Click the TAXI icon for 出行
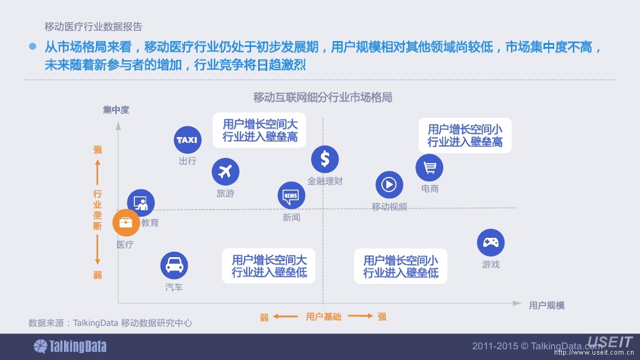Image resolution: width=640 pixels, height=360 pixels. pyautogui.click(x=187, y=140)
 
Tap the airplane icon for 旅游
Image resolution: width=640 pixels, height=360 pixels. pyautogui.click(x=225, y=172)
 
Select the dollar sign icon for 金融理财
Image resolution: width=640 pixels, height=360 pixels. pyautogui.click(x=325, y=159)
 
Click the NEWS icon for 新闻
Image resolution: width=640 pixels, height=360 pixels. pyautogui.click(x=291, y=196)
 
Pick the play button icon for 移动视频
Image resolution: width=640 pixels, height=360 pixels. pyautogui.click(x=389, y=185)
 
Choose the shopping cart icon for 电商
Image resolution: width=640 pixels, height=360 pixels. pyautogui.click(x=429, y=167)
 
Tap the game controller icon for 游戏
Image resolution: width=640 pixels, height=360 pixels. pyautogui.click(x=490, y=243)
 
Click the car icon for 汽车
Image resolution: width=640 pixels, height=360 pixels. pyautogui.click(x=174, y=265)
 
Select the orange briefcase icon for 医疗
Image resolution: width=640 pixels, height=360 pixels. pyautogui.click(x=126, y=223)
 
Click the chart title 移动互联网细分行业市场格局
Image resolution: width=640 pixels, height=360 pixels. pyautogui.click(x=323, y=98)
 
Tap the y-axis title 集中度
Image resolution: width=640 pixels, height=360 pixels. pyautogui.click(x=116, y=110)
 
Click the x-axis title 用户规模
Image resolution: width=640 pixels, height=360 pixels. pyautogui.click(x=547, y=305)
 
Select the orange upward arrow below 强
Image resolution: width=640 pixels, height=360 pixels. pyautogui.click(x=98, y=171)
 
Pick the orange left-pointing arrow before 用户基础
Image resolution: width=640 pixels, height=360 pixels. pyautogui.click(x=285, y=316)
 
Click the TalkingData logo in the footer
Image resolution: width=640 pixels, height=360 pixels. pyautogui.click(x=70, y=347)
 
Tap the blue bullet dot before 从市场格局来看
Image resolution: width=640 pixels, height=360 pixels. pyautogui.click(x=33, y=47)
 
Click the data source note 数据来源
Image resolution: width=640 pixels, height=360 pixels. pyautogui.click(x=110, y=323)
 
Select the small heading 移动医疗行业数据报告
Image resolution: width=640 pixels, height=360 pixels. pyautogui.click(x=93, y=26)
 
